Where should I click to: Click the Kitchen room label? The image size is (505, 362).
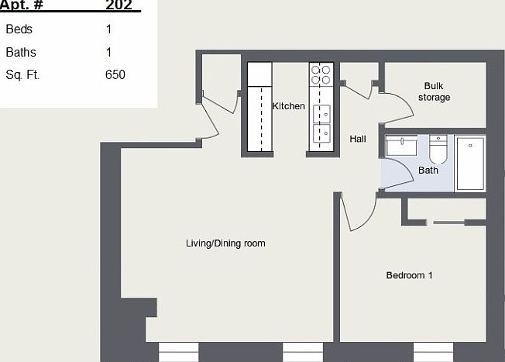point(288,106)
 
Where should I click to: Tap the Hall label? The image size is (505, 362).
point(357,139)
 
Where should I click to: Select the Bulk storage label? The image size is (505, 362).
point(434,91)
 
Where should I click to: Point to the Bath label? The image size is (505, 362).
point(428,170)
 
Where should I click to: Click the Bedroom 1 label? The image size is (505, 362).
point(409,275)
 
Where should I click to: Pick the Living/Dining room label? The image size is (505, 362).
point(225,243)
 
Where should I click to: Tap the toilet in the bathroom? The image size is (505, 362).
point(438,147)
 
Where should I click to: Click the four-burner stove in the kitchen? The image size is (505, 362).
point(321,74)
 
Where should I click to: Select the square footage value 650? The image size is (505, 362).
point(115,75)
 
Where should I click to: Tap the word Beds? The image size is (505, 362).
point(19,29)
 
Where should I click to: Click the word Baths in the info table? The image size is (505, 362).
point(21,53)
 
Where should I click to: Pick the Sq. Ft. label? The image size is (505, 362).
point(22,75)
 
